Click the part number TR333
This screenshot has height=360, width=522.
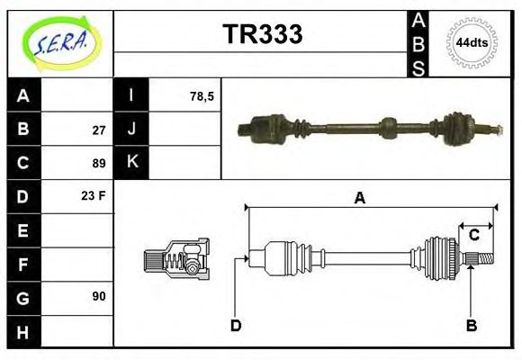[x=262, y=34]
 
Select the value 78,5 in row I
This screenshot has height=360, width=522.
[x=202, y=95]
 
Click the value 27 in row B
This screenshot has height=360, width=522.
[x=99, y=130]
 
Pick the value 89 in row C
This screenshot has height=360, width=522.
[x=99, y=164]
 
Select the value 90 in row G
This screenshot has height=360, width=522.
[x=99, y=296]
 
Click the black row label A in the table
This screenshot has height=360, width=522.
[x=23, y=95]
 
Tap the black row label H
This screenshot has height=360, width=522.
[x=23, y=332]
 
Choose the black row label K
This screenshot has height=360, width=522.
[x=131, y=163]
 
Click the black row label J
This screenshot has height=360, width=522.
[x=131, y=129]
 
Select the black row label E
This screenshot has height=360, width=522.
[x=23, y=230]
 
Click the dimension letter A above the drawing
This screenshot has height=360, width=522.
[x=360, y=199]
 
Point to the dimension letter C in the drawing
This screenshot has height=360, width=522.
[x=473, y=235]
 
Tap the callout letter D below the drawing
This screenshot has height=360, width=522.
[x=236, y=325]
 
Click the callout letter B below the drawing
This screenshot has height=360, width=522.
[x=471, y=325]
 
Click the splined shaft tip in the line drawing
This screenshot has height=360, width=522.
[x=483, y=260]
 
